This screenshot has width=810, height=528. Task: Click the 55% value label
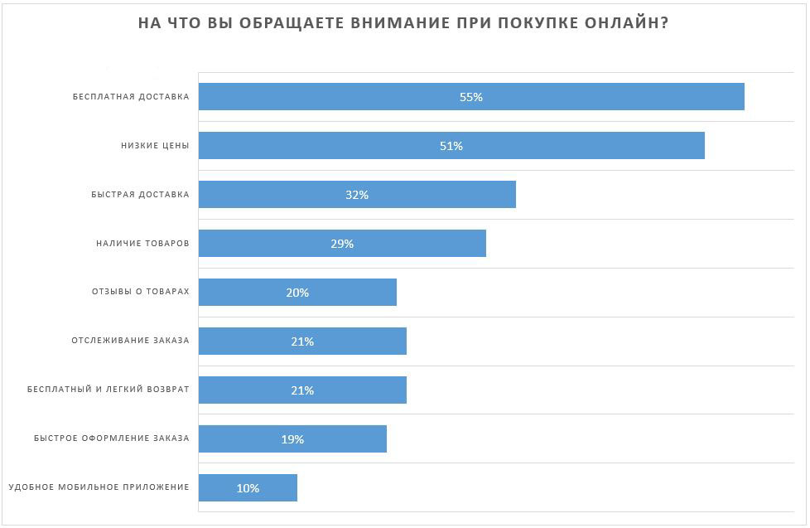point(471,97)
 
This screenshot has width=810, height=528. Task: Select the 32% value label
point(357,195)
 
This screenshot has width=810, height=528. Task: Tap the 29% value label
point(342,244)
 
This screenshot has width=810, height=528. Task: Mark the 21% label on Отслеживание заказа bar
point(302,342)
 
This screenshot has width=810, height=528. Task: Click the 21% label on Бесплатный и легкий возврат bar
point(302,390)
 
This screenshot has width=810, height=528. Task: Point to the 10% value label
point(248,488)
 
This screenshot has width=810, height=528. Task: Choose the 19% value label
point(292,439)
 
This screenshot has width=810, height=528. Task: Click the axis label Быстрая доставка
point(140,195)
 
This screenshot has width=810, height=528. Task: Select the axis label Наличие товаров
point(142,244)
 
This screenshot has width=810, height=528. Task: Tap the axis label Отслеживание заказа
point(131,341)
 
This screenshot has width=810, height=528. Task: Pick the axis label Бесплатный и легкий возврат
point(108,390)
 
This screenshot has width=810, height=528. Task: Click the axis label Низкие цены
point(155,146)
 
